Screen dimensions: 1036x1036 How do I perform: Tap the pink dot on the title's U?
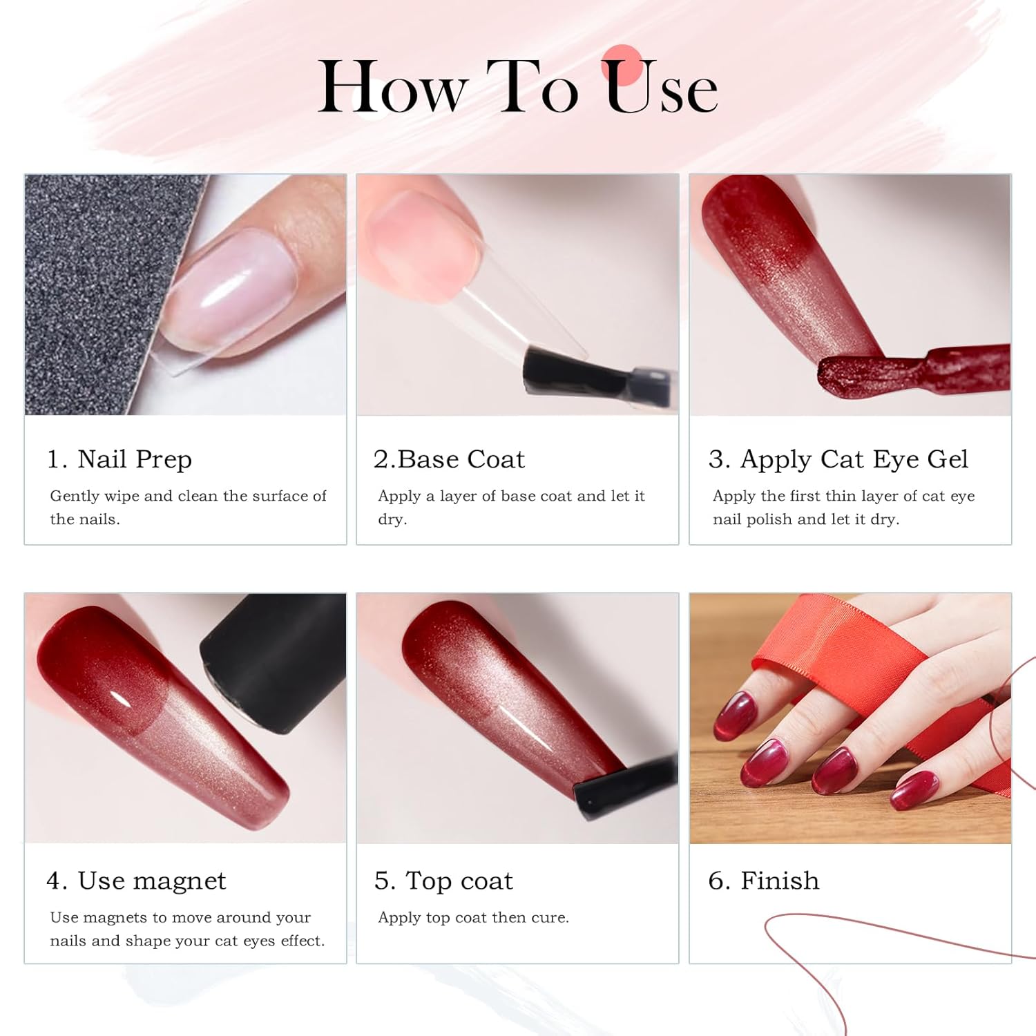(x=622, y=66)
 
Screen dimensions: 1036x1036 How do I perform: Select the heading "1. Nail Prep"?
(x=119, y=459)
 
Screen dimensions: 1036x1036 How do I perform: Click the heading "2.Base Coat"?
(x=449, y=459)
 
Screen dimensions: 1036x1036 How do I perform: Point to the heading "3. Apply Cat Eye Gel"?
(x=838, y=460)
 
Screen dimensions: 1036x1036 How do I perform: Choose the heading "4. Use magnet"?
(x=136, y=881)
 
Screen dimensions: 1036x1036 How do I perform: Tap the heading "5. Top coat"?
(x=443, y=881)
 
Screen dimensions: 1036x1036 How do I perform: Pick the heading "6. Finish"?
(x=764, y=881)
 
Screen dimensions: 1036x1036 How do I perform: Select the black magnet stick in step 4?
(x=276, y=663)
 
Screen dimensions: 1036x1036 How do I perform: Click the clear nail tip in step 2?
(x=511, y=325)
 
